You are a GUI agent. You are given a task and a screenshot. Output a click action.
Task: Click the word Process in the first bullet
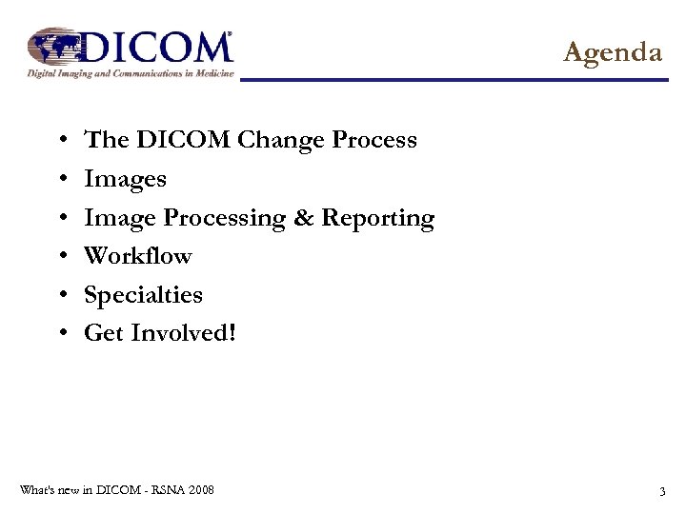pyautogui.click(x=374, y=140)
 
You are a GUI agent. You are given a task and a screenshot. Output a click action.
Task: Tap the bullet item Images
pyautogui.click(x=125, y=179)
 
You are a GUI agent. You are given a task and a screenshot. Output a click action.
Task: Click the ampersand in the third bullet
pyautogui.click(x=303, y=218)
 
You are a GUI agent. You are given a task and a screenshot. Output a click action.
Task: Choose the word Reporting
pyautogui.click(x=377, y=219)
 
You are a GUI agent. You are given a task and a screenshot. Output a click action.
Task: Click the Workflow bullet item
pyautogui.click(x=138, y=256)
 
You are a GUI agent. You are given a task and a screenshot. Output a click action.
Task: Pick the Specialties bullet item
pyautogui.click(x=143, y=295)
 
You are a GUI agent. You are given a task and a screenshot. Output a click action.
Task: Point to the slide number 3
pyautogui.click(x=661, y=491)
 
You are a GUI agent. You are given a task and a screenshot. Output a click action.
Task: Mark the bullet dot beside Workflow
pyautogui.click(x=61, y=257)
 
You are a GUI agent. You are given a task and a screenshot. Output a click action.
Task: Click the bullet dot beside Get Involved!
pyautogui.click(x=61, y=334)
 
